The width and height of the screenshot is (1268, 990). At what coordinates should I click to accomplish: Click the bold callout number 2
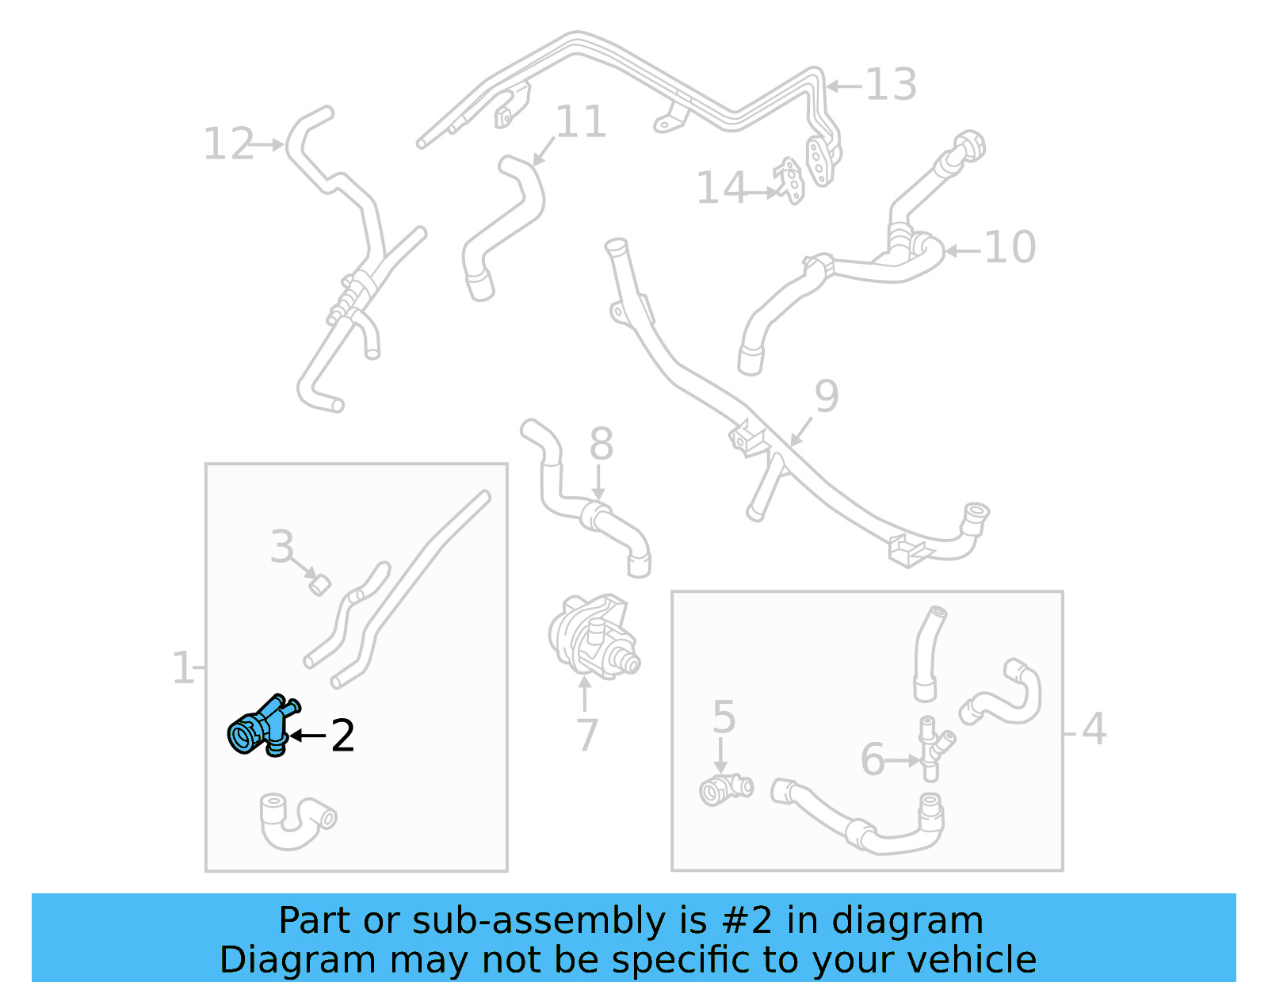[x=342, y=736]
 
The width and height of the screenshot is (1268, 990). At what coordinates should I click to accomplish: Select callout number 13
[x=891, y=85]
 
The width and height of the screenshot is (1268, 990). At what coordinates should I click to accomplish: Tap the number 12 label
[x=228, y=143]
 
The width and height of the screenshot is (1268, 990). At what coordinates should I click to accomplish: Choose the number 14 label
[x=721, y=187]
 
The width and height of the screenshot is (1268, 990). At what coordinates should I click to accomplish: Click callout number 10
[x=1010, y=247]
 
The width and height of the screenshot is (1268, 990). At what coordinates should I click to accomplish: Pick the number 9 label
[x=827, y=396]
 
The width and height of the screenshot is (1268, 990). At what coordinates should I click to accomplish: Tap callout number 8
[x=602, y=443]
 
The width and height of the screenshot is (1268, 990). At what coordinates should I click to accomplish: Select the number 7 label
[x=587, y=735]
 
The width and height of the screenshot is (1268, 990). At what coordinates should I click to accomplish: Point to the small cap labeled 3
[x=319, y=584]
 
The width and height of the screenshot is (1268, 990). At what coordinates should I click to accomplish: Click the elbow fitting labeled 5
[x=726, y=789]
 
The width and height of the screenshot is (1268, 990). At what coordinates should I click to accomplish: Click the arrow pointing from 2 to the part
[x=307, y=736]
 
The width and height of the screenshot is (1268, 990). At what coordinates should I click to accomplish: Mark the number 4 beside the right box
[x=1094, y=729]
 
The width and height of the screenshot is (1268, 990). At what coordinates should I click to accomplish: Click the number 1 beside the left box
[x=183, y=668]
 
